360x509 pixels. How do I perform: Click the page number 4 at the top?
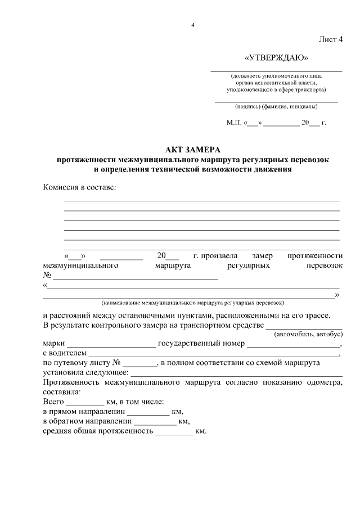(192, 25)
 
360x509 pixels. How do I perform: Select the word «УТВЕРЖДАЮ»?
(276, 58)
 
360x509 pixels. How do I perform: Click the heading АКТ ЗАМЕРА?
(193, 150)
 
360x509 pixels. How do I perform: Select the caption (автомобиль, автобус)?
(308, 334)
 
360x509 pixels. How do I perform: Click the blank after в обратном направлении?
(155, 423)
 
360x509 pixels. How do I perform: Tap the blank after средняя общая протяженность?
(174, 433)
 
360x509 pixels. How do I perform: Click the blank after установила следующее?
(236, 375)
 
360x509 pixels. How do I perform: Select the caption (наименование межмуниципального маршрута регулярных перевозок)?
(193, 302)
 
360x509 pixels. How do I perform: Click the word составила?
(61, 392)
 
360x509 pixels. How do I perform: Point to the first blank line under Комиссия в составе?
(201, 200)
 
